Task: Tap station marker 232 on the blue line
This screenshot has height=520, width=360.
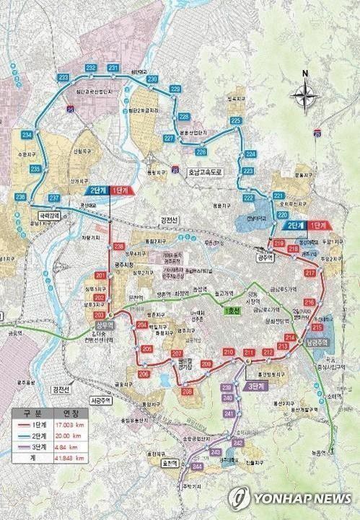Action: pos(91,68)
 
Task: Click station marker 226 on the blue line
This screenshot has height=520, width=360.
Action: pos(201,151)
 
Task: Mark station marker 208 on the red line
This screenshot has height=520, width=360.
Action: pos(188,391)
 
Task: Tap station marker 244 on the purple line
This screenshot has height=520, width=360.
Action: pos(197,467)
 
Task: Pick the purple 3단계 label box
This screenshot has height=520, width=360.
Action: pos(253,386)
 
